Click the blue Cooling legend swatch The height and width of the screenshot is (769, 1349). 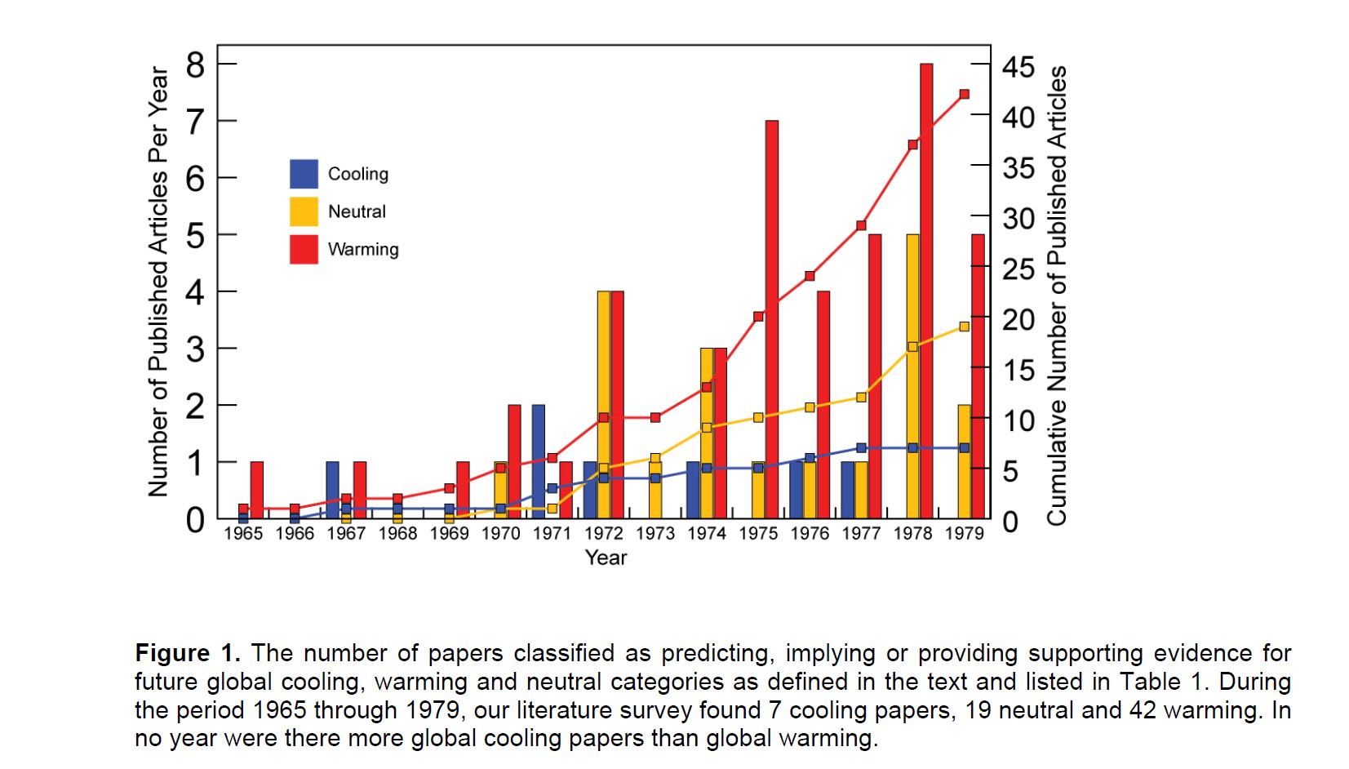[x=304, y=174]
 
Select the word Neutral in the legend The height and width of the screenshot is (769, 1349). [x=357, y=211]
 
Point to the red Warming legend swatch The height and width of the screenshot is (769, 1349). [x=304, y=249]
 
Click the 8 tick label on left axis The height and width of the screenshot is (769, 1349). [x=196, y=64]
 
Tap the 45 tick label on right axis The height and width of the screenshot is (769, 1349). [x=1018, y=67]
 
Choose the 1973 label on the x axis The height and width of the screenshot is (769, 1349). [x=655, y=534]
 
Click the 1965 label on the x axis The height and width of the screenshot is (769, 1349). [x=243, y=534]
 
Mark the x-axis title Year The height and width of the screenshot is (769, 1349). [x=606, y=558]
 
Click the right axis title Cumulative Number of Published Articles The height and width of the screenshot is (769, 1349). [x=1057, y=296]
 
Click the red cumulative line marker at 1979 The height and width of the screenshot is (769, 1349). [x=964, y=94]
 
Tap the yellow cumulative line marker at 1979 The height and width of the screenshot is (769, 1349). [x=964, y=327]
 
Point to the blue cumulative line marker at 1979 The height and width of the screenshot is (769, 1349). [x=964, y=447]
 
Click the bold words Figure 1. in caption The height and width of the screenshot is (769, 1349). [x=188, y=653]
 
